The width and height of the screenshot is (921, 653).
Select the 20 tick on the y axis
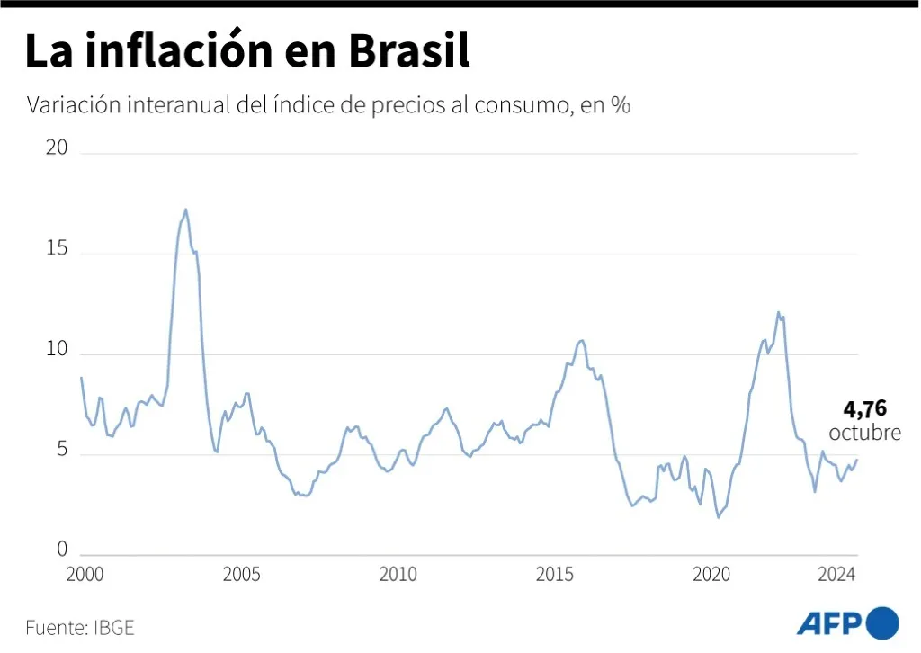(58, 148)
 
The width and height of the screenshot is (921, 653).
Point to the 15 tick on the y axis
(58, 249)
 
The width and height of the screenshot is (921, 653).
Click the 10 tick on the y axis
(58, 350)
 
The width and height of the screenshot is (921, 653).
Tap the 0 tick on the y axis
(63, 550)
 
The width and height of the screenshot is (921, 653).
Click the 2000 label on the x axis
(85, 575)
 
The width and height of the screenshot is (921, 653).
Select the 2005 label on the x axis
(241, 575)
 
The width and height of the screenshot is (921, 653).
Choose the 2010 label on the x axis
(398, 575)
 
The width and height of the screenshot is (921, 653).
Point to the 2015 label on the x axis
(554, 575)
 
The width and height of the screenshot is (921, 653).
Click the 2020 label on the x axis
(711, 575)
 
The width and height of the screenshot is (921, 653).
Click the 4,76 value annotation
(864, 410)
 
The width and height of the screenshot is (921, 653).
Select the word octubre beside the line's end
(864, 433)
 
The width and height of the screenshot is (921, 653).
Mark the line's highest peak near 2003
(185, 210)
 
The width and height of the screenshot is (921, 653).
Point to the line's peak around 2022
(778, 312)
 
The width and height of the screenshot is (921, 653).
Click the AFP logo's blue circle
(882, 622)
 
